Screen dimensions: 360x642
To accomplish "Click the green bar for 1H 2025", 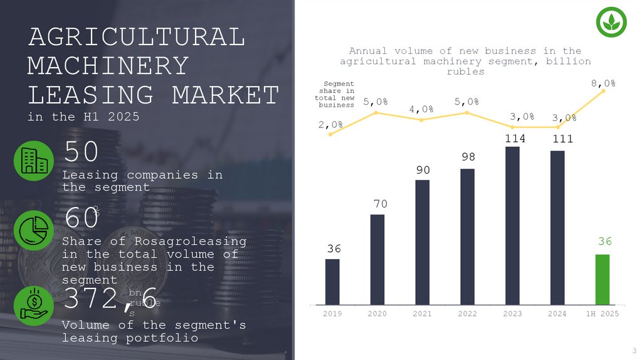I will [602, 279].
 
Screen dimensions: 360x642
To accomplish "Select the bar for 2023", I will [512, 226].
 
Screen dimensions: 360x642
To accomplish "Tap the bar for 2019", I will [332, 282].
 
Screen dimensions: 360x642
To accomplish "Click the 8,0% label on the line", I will [603, 82].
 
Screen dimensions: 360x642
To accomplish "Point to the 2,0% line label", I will [330, 124].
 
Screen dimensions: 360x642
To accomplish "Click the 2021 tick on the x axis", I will [422, 313].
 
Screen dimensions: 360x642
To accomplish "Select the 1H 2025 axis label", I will [602, 313].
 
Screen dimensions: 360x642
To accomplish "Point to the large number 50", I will [81, 152].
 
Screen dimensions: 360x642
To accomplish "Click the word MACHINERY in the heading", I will [108, 66].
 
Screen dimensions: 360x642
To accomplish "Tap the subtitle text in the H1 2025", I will [83, 117].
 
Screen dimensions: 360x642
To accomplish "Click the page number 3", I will [634, 350].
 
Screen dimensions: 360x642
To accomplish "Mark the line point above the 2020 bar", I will [376, 112].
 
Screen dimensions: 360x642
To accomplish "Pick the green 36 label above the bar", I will [604, 241].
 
